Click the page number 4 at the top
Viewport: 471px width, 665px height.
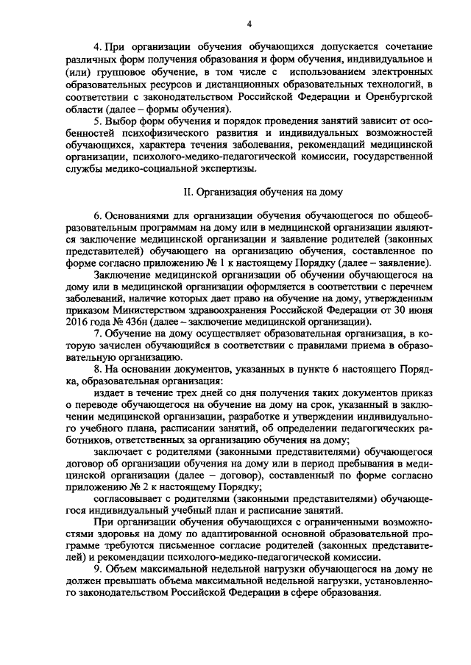point(249,24)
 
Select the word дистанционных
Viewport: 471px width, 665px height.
point(234,85)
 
